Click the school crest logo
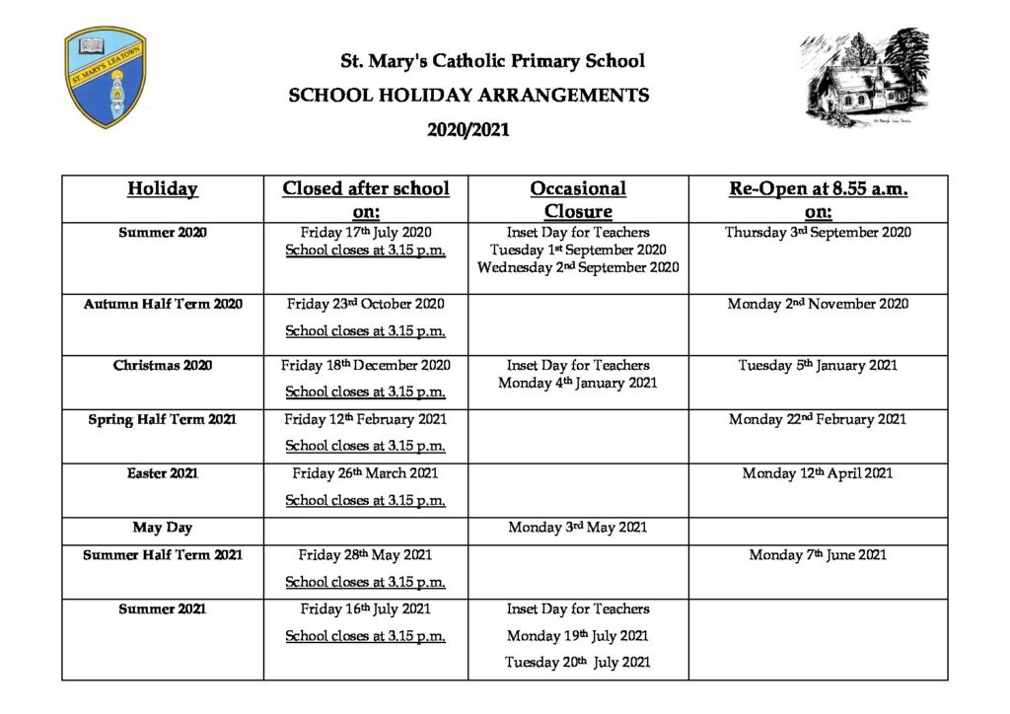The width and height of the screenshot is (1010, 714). click(x=106, y=77)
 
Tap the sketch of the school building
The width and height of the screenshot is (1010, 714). click(x=864, y=77)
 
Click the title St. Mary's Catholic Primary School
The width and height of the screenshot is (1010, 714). click(x=492, y=61)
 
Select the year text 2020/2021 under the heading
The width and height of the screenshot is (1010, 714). click(x=469, y=128)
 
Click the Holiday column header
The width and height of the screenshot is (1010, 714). click(x=163, y=189)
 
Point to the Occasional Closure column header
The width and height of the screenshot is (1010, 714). click(x=578, y=199)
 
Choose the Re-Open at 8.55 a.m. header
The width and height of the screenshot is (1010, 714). click(x=818, y=199)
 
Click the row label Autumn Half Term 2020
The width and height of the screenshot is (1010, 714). click(x=163, y=304)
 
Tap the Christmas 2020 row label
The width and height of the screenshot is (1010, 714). click(x=163, y=365)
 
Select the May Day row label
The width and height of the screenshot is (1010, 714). click(x=163, y=528)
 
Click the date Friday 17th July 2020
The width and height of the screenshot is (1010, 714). click(x=365, y=233)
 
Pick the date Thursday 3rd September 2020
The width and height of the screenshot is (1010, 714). click(x=818, y=233)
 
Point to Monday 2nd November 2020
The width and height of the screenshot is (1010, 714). click(x=818, y=304)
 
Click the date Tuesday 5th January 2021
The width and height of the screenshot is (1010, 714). click(x=818, y=365)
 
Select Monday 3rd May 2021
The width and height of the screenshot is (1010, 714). click(x=578, y=528)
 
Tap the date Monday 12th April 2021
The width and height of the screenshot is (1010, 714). click(x=818, y=473)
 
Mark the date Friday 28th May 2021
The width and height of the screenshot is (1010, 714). click(x=365, y=555)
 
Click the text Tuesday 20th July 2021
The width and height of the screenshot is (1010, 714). click(x=578, y=663)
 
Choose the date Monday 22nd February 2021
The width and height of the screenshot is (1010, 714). click(x=818, y=419)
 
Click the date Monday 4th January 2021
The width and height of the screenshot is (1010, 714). click(x=578, y=383)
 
